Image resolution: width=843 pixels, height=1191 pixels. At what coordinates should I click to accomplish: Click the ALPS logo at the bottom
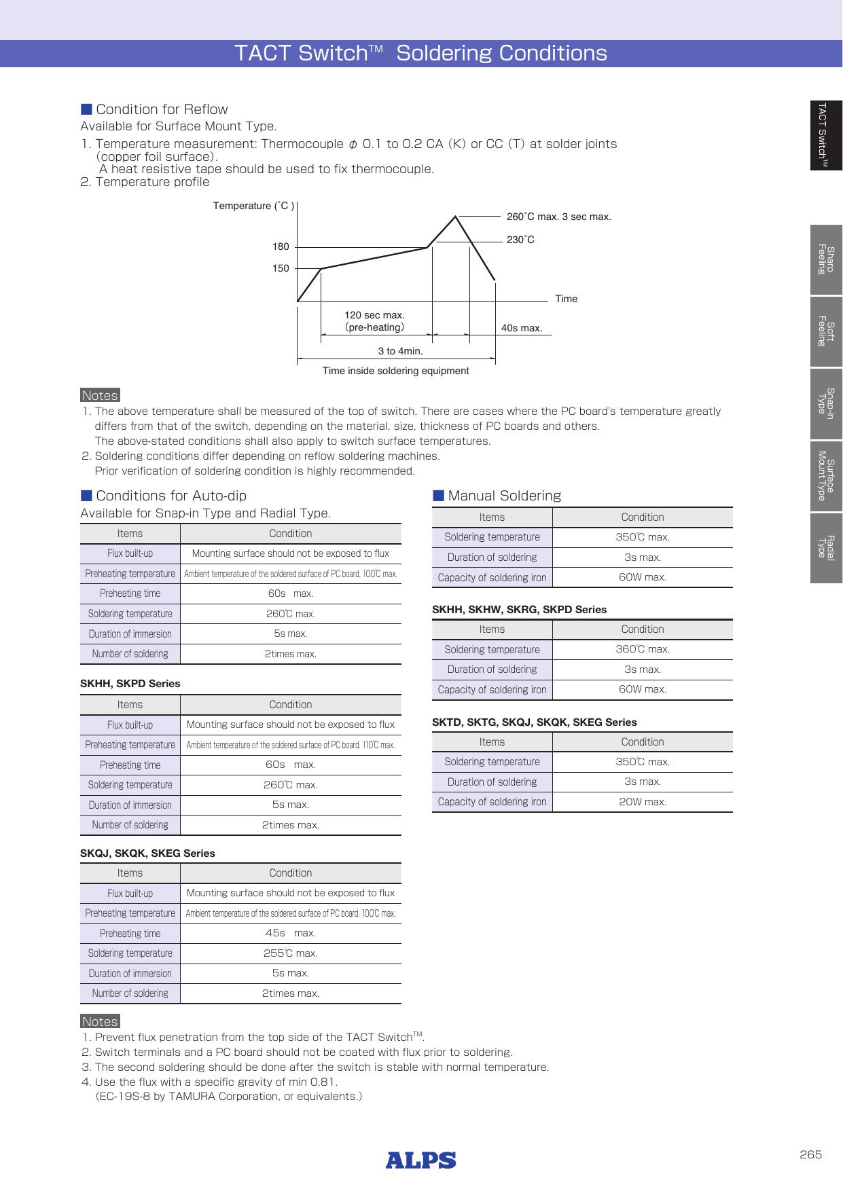pos(420,1160)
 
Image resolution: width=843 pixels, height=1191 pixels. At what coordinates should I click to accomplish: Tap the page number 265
pos(810,1155)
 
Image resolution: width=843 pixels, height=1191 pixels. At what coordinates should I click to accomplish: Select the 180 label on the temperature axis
pos(281,247)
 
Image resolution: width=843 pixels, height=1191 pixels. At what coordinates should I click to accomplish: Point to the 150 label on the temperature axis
pos(281,269)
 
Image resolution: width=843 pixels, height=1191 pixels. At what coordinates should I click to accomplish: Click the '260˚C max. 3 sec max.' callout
pos(558,217)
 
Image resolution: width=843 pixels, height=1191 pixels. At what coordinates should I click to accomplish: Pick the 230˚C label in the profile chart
pos(520,240)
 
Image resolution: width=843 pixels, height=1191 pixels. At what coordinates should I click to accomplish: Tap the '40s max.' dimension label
pos(521,329)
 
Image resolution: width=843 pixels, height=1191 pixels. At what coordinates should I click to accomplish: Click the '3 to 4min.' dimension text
pos(400,352)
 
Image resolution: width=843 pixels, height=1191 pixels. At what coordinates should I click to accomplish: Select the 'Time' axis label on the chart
pos(566,299)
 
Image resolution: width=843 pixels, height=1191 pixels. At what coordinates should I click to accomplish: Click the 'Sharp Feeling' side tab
pos(826,259)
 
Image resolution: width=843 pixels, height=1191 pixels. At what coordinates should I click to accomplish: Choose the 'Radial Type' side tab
pos(826,548)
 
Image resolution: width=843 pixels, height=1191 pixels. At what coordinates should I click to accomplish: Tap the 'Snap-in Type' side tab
pos(826,403)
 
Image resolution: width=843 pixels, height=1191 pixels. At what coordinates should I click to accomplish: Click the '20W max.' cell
pos(642,802)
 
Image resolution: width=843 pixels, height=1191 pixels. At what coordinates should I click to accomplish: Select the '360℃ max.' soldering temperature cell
pos(642,650)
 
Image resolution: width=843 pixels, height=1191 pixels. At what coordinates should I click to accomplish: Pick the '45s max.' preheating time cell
pos(290,934)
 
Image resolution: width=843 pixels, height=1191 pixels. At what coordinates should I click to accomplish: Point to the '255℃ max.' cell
pos(290,953)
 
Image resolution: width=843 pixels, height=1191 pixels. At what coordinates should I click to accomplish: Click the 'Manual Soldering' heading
pos(504,496)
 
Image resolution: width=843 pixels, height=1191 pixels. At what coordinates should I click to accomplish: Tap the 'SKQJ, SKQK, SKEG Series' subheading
pos(147,854)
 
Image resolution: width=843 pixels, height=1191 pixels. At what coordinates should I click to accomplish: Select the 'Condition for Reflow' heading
pos(162,110)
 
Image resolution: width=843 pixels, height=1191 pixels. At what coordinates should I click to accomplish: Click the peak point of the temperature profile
pos(456,216)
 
